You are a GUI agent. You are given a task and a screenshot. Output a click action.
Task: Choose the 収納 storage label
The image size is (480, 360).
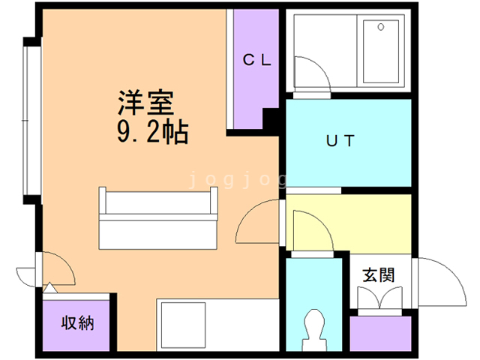(x=77, y=324)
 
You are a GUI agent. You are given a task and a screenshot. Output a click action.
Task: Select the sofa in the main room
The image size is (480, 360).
(x=157, y=217)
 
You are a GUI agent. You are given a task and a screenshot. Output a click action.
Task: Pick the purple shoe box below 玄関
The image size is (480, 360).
(x=381, y=334)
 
